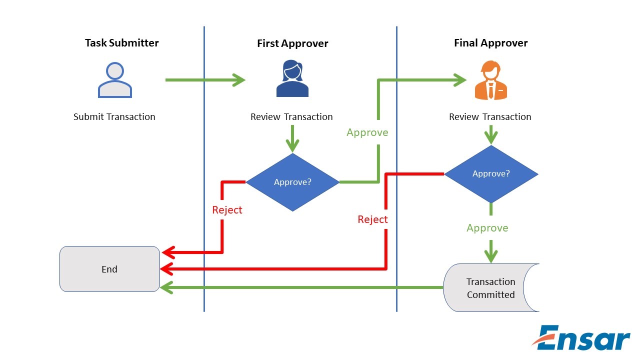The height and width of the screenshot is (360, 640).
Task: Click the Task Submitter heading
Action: pos(121,43)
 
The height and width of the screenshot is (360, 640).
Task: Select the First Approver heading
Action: pos(292,43)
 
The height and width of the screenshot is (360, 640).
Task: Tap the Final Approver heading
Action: pos(490,43)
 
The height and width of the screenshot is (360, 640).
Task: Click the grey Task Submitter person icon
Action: pos(115,80)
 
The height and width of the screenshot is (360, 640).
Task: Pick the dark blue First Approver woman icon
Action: pos(292,78)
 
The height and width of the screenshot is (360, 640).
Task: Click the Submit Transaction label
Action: pos(114,117)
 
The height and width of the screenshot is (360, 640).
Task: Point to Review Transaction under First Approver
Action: pos(291,117)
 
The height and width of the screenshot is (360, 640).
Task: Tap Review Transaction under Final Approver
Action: pos(490,117)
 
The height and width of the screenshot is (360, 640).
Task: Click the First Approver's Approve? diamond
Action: pos(292,182)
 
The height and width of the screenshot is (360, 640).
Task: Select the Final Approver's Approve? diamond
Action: pos(491,174)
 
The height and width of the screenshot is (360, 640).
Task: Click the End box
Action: pos(109,269)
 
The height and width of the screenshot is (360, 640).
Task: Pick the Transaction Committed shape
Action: pos(490,288)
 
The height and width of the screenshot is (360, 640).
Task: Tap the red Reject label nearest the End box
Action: pos(227,210)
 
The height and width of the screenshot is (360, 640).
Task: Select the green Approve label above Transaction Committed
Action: pos(487,228)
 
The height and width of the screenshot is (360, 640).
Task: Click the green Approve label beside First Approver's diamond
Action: pos(367,132)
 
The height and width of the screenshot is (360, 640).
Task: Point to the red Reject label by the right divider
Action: pos(372,219)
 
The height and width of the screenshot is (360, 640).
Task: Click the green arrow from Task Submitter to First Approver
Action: pos(205,80)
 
